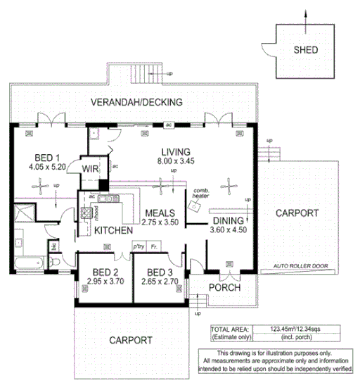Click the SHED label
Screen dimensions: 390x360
(305, 50)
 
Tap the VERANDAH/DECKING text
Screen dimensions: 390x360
(136, 103)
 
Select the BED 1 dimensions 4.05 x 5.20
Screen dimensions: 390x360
(48, 168)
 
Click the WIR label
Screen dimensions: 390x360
(89, 168)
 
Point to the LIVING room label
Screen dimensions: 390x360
(175, 151)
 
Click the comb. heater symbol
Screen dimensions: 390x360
(194, 205)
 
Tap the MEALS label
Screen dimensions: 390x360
(160, 213)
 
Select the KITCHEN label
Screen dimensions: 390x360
(114, 231)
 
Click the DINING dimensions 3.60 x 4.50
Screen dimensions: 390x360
(230, 229)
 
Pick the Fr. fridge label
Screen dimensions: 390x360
(154, 247)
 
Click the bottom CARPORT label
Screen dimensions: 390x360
(130, 340)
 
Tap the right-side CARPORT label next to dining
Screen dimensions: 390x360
(297, 213)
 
